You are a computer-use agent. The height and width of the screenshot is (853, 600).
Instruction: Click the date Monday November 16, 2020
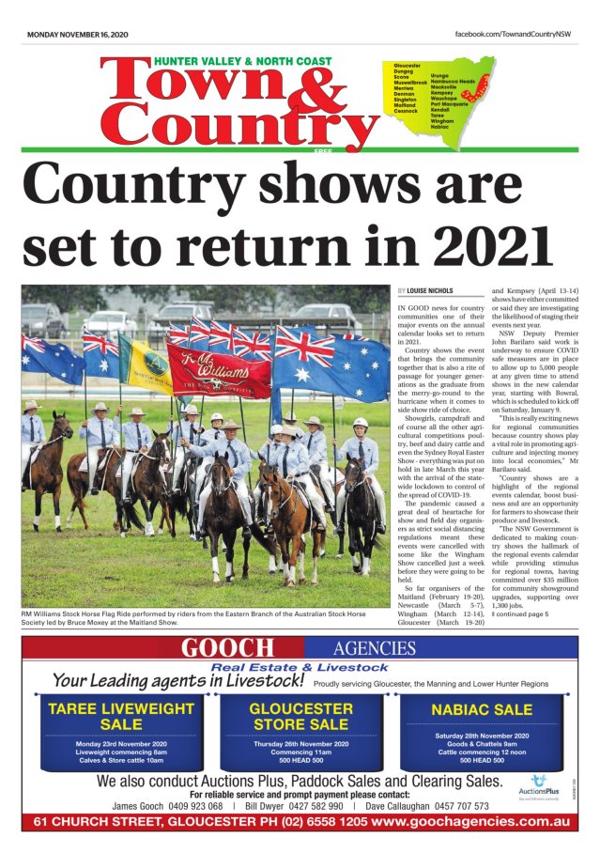click(77, 35)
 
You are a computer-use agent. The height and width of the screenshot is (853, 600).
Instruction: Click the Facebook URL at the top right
click(512, 35)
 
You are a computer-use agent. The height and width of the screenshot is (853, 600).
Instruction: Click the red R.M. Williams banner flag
click(218, 371)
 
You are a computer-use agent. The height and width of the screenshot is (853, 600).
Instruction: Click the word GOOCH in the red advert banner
click(227, 648)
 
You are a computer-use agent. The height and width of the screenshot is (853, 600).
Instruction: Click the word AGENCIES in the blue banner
click(373, 648)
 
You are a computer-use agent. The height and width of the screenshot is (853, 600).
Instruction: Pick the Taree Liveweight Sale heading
click(121, 716)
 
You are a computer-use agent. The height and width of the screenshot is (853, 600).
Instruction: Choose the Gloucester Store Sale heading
click(300, 716)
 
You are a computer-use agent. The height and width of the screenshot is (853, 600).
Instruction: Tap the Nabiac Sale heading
click(481, 709)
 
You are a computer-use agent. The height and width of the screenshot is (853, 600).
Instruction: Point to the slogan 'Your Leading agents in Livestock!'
click(178, 680)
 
